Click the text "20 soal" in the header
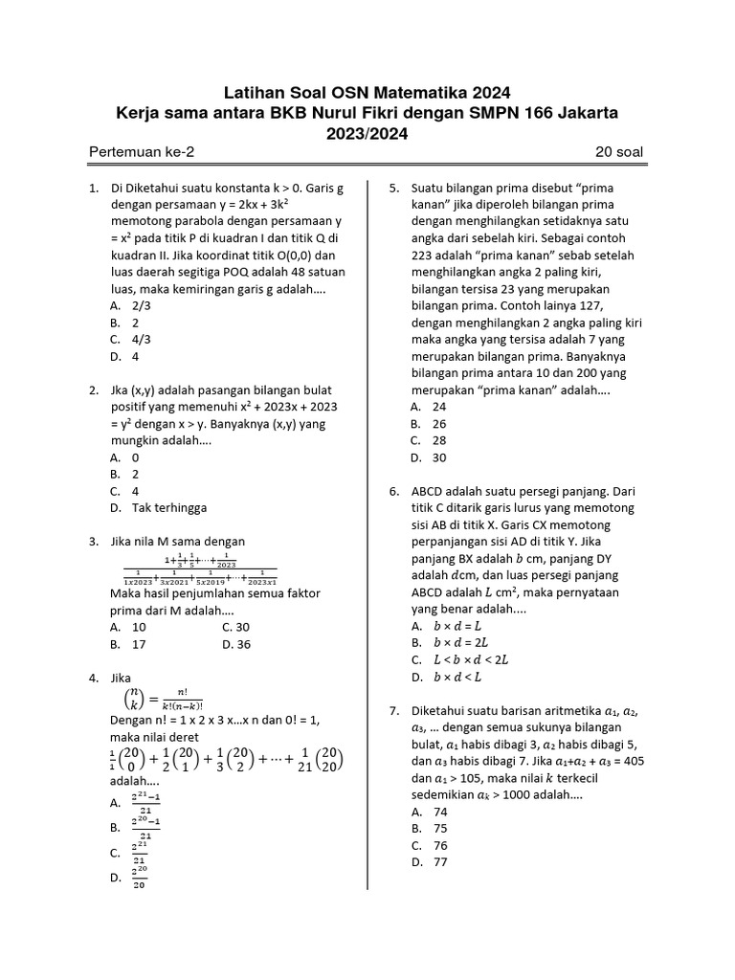tap(620, 153)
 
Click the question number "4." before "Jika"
tap(95, 678)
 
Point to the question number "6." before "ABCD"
tap(394, 491)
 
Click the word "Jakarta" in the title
tap(583, 113)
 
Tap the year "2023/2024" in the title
tap(367, 134)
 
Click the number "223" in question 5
tap(421, 256)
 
